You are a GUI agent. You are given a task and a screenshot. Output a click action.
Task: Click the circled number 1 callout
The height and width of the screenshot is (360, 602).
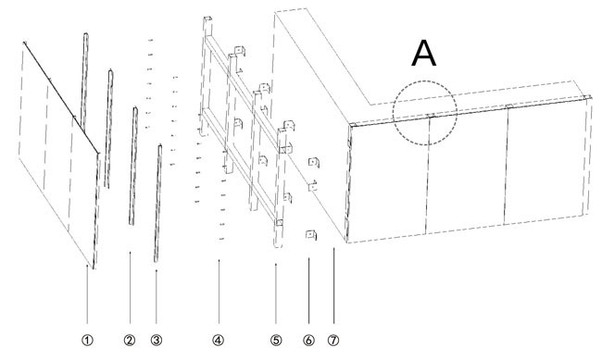pos(87,340)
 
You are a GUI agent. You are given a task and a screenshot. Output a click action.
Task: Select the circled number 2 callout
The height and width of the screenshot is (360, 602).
pos(130,340)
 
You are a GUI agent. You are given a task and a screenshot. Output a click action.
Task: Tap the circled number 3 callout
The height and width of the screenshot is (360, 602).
pos(157,340)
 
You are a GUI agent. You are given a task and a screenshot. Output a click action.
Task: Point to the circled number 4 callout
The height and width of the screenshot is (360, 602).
pos(218,340)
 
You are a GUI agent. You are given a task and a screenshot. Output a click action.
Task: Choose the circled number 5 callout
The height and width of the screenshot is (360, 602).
pos(276,340)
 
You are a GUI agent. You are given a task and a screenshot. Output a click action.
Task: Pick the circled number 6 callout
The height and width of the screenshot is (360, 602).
pos(308,340)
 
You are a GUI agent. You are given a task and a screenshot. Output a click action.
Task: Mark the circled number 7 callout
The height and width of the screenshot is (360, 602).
pos(333,340)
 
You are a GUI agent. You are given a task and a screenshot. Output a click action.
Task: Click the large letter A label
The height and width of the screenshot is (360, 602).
pos(424,54)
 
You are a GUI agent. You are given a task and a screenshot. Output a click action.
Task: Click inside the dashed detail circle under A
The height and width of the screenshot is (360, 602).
pos(424,113)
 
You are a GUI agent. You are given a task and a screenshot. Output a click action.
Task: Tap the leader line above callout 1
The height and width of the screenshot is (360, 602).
pos(87,294)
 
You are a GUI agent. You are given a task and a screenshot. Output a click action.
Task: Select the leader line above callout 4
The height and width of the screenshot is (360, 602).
pos(219,292)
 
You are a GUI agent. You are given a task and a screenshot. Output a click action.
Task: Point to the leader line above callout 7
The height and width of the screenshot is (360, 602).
pos(333,286)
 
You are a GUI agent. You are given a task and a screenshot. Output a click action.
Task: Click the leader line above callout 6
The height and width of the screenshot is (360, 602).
pos(308,291)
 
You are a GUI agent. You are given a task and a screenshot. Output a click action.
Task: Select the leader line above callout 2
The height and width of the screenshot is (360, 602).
pos(131,288)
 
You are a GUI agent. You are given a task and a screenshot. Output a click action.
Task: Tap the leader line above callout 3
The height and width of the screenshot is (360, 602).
pos(157,297)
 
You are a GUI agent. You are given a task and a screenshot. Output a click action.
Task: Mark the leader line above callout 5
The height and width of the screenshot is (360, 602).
pos(276,293)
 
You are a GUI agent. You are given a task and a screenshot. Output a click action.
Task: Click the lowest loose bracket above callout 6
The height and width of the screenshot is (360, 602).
pos(311,234)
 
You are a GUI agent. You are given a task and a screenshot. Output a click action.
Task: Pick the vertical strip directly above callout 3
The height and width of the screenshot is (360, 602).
pos(157,204)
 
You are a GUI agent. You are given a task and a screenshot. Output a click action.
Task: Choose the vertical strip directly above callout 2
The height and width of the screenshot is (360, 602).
pos(132,167)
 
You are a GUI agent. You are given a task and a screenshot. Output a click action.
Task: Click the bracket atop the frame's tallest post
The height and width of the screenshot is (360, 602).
pos(207,19)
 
